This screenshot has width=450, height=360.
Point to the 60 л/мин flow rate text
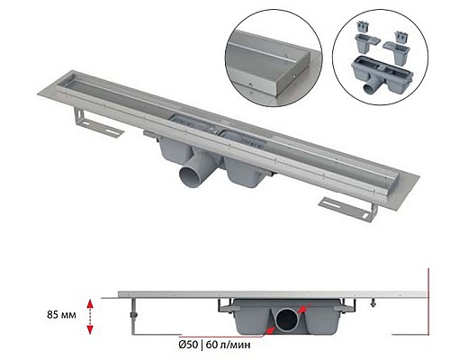[240, 343]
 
